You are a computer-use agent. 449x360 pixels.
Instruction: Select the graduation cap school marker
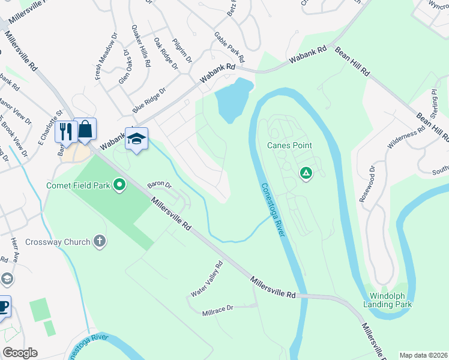[x=136, y=139]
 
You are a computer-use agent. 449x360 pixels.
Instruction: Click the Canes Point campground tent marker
[x=306, y=173]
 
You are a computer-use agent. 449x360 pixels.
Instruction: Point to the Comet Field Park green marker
[x=119, y=185]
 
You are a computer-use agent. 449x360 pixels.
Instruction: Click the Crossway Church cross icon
[x=100, y=242]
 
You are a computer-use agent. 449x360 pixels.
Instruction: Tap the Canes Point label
[x=289, y=145]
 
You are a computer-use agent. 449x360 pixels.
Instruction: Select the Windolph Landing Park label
[x=387, y=300]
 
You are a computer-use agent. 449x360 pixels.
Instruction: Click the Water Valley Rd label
[x=206, y=279]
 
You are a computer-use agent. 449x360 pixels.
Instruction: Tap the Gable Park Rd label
[x=229, y=47]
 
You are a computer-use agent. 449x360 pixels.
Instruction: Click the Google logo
[x=20, y=353]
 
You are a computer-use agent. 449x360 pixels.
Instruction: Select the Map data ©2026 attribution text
[x=423, y=355]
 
